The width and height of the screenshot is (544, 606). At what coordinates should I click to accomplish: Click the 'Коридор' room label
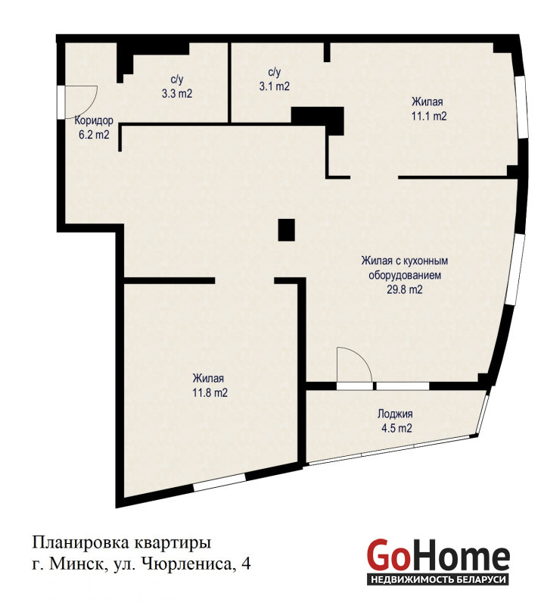point(94,120)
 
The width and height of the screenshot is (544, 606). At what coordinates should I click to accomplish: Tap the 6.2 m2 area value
point(94,135)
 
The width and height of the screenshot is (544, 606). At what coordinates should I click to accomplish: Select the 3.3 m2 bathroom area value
point(177,93)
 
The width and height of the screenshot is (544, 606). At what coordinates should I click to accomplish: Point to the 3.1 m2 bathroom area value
point(274,86)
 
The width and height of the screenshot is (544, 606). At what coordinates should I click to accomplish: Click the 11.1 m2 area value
point(429,116)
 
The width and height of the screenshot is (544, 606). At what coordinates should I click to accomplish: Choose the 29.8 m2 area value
point(405,289)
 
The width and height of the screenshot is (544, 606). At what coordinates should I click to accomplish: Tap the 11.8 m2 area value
point(210,393)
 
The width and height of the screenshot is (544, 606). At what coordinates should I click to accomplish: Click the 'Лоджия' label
point(395,414)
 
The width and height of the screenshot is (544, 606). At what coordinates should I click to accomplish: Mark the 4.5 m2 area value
point(396,428)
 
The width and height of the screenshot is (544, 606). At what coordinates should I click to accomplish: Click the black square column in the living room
point(287,230)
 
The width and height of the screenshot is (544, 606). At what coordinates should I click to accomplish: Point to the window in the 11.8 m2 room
point(219,483)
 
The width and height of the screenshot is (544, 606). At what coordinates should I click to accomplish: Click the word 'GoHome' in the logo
point(438,555)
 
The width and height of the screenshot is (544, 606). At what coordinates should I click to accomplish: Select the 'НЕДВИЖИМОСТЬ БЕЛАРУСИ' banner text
point(438,579)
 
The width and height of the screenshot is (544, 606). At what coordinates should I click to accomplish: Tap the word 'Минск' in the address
point(79,564)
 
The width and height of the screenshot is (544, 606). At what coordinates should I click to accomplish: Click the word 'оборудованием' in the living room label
point(405,275)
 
